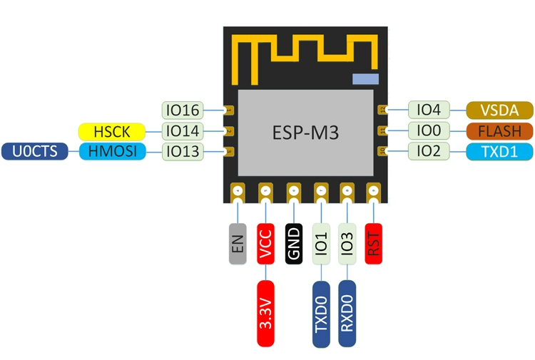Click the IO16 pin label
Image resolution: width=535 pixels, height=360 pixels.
pos(183,110)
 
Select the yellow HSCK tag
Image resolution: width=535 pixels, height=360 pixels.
pos(112,132)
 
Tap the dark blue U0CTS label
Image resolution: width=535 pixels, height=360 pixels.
pos(35,151)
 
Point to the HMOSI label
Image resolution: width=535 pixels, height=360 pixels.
pos(113,151)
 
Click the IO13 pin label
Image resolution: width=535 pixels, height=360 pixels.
pos(183,151)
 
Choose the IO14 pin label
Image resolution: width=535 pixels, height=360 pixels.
pos(183,131)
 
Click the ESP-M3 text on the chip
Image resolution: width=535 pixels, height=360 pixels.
pos(305,133)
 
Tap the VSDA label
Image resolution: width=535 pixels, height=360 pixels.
pos(499,110)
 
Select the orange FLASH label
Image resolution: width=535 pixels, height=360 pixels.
pos(499,131)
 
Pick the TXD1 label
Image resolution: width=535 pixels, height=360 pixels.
pos(499,152)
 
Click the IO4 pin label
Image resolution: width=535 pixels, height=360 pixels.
pos(429,110)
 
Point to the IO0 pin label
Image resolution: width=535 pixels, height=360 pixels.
pos(429,130)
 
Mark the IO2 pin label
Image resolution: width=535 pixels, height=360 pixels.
pos(429,151)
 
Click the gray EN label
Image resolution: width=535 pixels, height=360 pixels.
pos(238,244)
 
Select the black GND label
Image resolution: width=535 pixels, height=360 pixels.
pos(294,244)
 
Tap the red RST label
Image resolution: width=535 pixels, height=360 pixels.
pos(374,244)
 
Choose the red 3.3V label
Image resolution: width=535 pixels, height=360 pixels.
pos(266,314)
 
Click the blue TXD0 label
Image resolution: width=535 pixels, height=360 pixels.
pos(321,314)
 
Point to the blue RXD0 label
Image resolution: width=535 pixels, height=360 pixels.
pos(347,314)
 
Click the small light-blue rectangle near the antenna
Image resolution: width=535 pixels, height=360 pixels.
pos(365,78)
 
